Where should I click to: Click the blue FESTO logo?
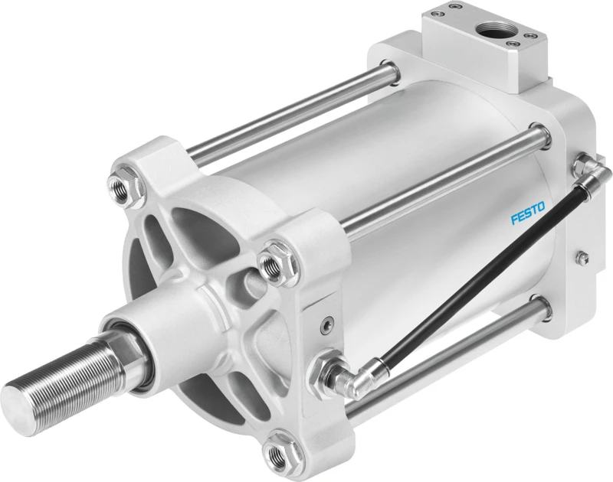pyautogui.click(x=528, y=213)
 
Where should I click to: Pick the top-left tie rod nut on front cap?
pyautogui.click(x=122, y=184)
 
